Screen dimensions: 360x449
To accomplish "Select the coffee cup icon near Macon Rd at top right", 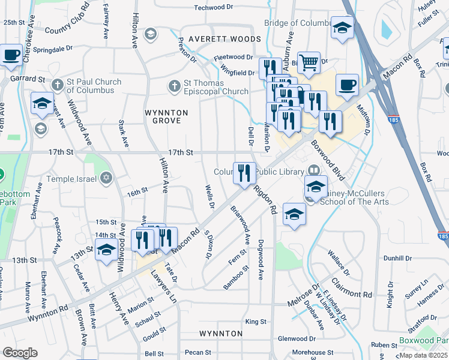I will pos(346,85).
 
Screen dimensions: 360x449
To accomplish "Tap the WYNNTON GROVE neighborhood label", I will pos(166,116).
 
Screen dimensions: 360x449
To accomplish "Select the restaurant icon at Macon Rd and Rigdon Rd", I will pos(244,173).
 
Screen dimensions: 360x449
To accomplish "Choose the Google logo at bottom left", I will pos(20,353).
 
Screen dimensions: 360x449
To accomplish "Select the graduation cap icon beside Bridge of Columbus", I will pos(342,27).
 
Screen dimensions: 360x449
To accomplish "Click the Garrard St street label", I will pos(27,79).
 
